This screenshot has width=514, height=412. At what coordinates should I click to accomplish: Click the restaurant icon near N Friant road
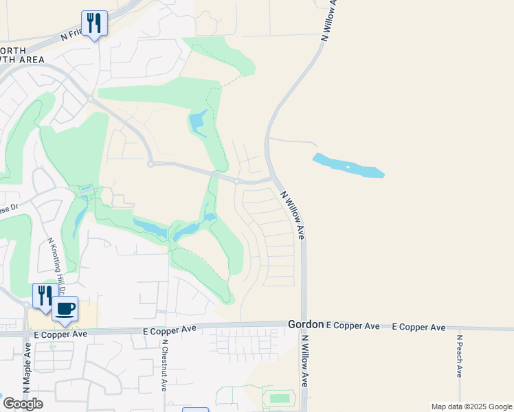click(x=93, y=23)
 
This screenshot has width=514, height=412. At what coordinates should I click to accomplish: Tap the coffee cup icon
click(x=65, y=308)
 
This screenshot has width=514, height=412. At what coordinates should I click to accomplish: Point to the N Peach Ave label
click(x=459, y=356)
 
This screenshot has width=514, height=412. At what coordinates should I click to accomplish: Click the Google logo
click(x=23, y=404)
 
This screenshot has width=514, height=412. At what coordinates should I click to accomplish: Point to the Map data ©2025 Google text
click(x=471, y=407)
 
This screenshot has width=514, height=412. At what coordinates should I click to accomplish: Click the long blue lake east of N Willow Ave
click(x=348, y=165)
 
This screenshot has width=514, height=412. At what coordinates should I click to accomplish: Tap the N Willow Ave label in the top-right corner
click(x=329, y=21)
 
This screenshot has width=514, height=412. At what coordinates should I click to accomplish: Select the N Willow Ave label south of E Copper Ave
click(x=304, y=371)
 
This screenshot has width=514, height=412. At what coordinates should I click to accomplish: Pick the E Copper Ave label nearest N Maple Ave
click(x=61, y=334)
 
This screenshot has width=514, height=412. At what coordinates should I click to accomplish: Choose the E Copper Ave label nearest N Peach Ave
click(x=418, y=328)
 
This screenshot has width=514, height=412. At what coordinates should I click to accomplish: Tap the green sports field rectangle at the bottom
click(x=280, y=398)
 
